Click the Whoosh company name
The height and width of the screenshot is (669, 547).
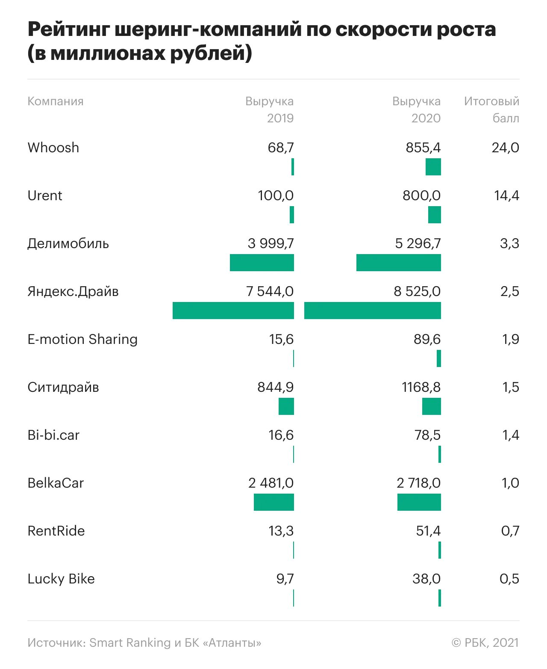point(53,148)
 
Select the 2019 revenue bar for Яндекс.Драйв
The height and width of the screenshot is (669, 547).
point(233,311)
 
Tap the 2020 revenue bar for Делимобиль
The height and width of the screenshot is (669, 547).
point(398,263)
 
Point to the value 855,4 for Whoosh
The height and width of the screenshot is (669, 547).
point(423,148)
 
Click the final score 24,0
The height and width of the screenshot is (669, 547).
point(505,148)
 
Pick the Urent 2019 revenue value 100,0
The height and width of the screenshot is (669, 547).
point(276,195)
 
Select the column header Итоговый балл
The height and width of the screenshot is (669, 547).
point(491,110)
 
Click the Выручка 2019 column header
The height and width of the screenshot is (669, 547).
point(270,110)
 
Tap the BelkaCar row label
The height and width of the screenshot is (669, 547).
point(56,483)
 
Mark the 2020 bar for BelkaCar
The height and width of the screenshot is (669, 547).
point(419,502)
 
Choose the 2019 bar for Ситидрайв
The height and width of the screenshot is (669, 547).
point(286,406)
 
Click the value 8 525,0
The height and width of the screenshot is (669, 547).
point(417,291)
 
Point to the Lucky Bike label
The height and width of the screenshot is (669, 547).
point(61,579)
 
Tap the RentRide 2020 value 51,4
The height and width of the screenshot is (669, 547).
point(428,531)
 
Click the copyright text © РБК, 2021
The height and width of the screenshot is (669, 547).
point(485,642)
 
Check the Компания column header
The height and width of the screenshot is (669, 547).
point(56,101)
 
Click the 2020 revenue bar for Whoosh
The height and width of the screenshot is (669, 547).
point(433,167)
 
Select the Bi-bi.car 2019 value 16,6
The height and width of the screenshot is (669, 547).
point(281,435)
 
